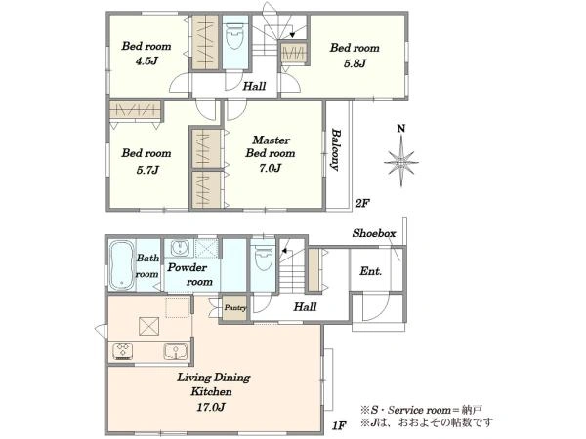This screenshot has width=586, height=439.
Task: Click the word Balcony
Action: pos(335,150)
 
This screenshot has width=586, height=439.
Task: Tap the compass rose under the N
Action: pos(400,159)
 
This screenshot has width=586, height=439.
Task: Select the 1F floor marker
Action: pos(337,424)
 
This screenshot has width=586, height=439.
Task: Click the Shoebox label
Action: pos(373,234)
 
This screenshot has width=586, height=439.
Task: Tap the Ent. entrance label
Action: pos(370,271)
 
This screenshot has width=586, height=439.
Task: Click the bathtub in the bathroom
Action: pos(120,264)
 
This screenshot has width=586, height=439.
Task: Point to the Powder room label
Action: pos(186,273)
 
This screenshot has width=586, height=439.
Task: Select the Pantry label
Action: pos(234,307)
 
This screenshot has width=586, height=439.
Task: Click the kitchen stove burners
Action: pos(125,351)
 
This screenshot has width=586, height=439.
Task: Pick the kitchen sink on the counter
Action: pos(176,351)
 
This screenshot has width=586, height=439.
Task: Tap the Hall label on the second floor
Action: pos(254,86)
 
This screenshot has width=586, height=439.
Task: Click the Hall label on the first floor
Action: pos(305,306)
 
